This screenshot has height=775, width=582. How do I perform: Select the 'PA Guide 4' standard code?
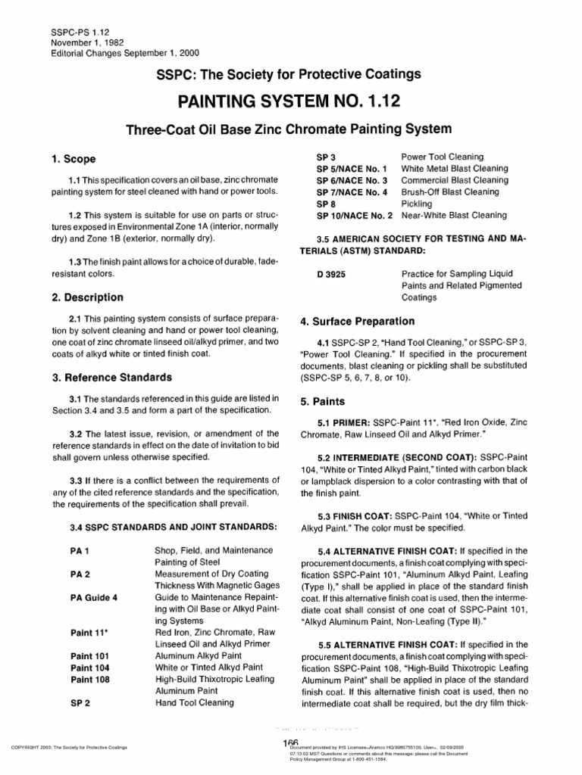click(x=94, y=597)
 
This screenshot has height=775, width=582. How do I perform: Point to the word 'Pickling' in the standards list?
click(x=416, y=204)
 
